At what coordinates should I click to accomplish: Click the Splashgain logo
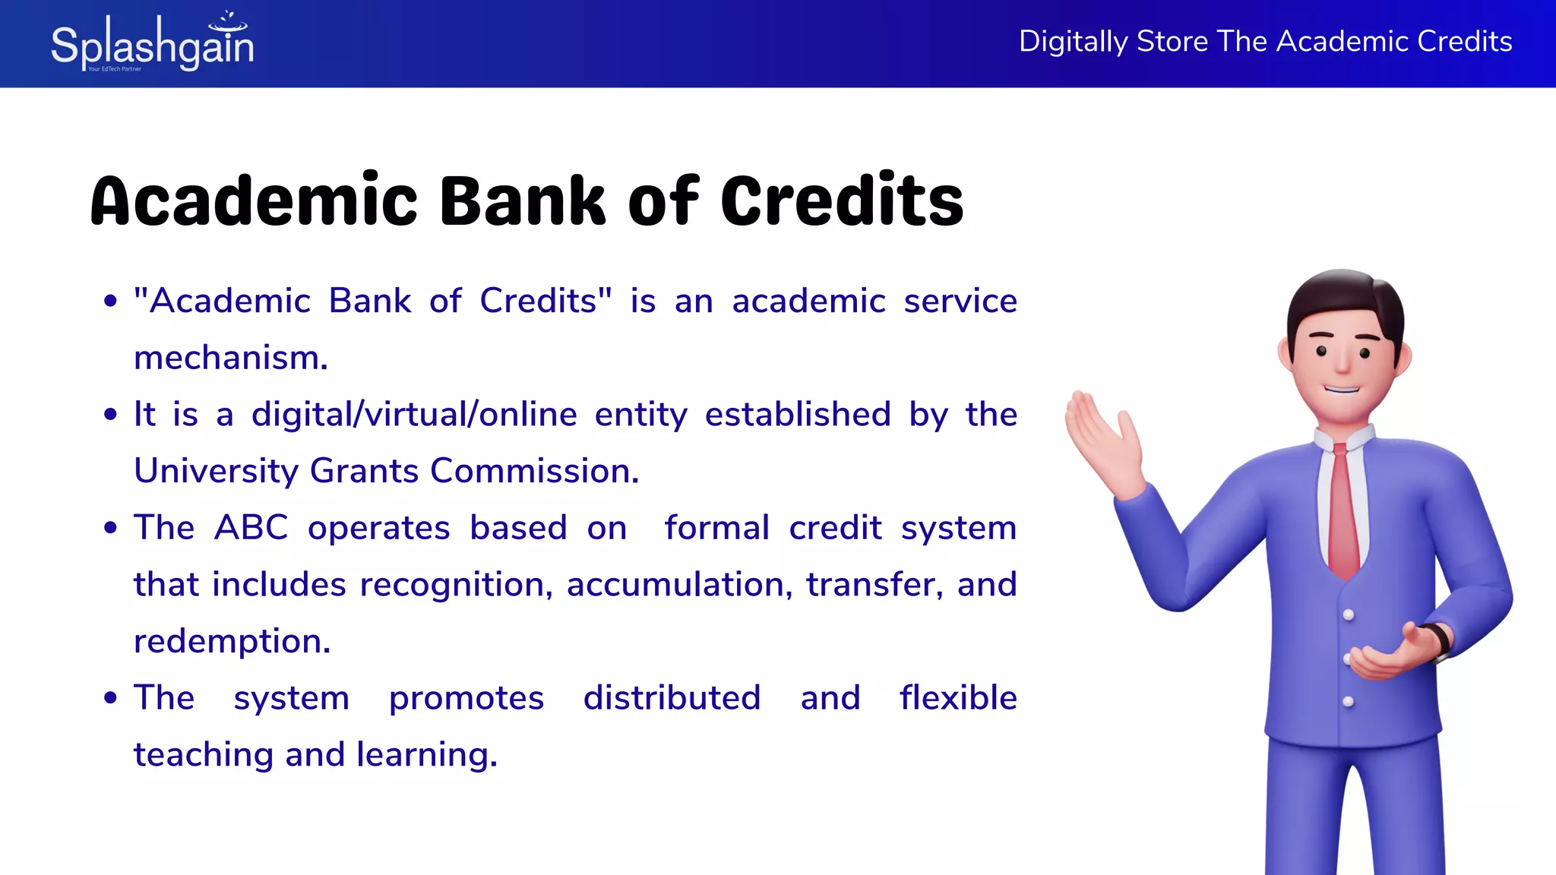pos(152,44)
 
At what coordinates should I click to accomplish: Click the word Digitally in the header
pos(1072,42)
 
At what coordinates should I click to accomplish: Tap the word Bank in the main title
pos(523,201)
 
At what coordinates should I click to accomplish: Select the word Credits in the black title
pos(842,201)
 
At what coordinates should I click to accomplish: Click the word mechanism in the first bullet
pos(230,358)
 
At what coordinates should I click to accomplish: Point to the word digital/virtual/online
pos(414,415)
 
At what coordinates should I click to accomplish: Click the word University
pos(216,472)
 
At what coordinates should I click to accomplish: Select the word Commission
pos(534,472)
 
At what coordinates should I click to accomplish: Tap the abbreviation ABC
pos(251,528)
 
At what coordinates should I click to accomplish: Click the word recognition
pos(456,585)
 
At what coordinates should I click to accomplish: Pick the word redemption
pos(232,642)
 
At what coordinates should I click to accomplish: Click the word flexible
pos(958,698)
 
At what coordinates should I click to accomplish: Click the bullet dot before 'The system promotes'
pos(111,698)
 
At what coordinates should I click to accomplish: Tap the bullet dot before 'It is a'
pos(111,415)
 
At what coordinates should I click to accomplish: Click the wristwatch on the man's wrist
pos(1438,640)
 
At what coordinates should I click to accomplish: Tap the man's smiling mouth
pos(1342,390)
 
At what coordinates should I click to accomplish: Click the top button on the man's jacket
pos(1349,614)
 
